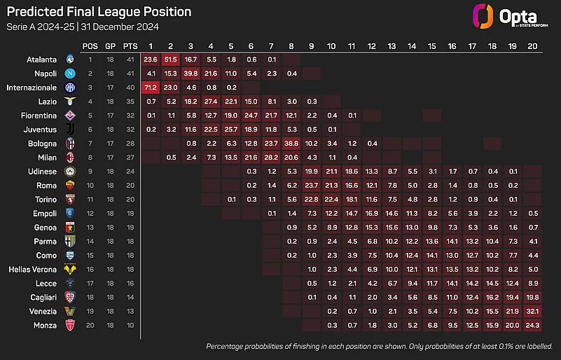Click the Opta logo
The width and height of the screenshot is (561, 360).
click(510, 16)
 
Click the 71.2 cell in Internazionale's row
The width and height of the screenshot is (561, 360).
click(151, 88)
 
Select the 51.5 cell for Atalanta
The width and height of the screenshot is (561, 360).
click(170, 60)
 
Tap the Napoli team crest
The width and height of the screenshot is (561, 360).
click(70, 74)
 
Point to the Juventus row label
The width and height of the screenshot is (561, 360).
click(40, 130)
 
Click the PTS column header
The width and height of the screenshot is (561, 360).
click(130, 46)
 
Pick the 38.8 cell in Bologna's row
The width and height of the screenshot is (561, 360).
click(291, 144)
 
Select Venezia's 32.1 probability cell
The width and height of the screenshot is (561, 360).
click(532, 312)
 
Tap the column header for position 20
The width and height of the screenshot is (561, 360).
click(532, 46)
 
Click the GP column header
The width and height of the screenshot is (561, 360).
click(110, 46)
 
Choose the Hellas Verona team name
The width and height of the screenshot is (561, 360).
click(32, 270)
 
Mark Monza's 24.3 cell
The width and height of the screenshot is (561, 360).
click(532, 325)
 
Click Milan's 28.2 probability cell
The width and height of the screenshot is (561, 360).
click(271, 158)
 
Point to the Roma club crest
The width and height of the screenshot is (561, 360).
click(70, 186)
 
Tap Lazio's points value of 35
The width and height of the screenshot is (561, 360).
click(130, 102)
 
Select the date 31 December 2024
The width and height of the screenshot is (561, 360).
click(120, 27)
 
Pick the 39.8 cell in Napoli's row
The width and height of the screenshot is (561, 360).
click(191, 74)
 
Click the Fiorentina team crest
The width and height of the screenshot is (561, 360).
click(70, 116)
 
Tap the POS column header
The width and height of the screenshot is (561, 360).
click(90, 46)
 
